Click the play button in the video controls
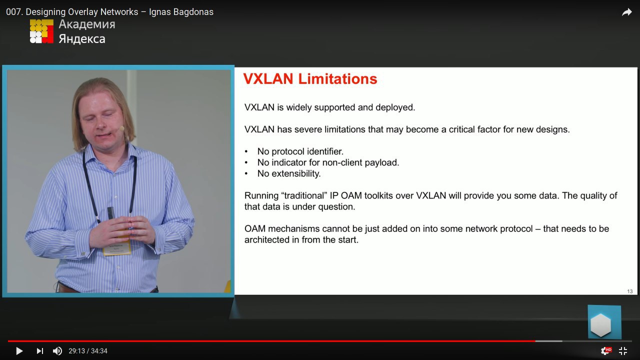pos(19,351)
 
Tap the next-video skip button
pos(39,351)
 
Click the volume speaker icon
pos(57,351)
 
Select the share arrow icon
pos(626,12)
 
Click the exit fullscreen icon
pos(623,351)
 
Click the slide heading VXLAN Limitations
pos(310,79)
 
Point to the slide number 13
pos(629,291)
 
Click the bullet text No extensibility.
pos(289,173)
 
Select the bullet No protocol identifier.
pos(300,151)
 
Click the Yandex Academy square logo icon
pos(41,31)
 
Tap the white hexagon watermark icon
pos(600,325)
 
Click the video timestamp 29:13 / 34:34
pos(87,351)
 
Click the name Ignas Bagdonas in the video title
pos(181,12)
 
